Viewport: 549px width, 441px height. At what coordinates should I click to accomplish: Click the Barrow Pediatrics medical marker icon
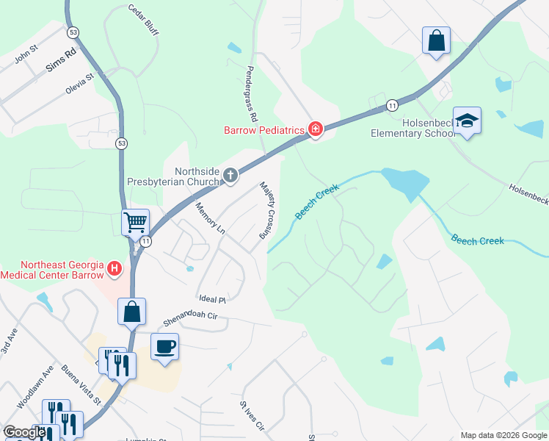[316, 130]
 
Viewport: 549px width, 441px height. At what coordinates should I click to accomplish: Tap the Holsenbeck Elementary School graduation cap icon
[466, 120]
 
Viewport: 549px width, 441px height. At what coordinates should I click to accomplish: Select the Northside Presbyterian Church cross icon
[230, 175]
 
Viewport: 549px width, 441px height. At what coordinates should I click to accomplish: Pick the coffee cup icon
[164, 346]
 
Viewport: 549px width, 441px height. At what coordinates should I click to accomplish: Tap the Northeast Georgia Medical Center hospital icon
[114, 270]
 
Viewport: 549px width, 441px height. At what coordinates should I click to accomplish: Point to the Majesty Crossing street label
[266, 210]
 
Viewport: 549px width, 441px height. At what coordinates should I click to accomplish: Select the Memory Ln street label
[211, 219]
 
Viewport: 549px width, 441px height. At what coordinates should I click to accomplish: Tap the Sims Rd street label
[61, 60]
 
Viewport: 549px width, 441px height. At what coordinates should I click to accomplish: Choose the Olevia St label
[80, 79]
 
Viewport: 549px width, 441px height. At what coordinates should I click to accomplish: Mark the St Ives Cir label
[251, 416]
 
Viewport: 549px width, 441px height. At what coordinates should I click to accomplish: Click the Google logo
[24, 433]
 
